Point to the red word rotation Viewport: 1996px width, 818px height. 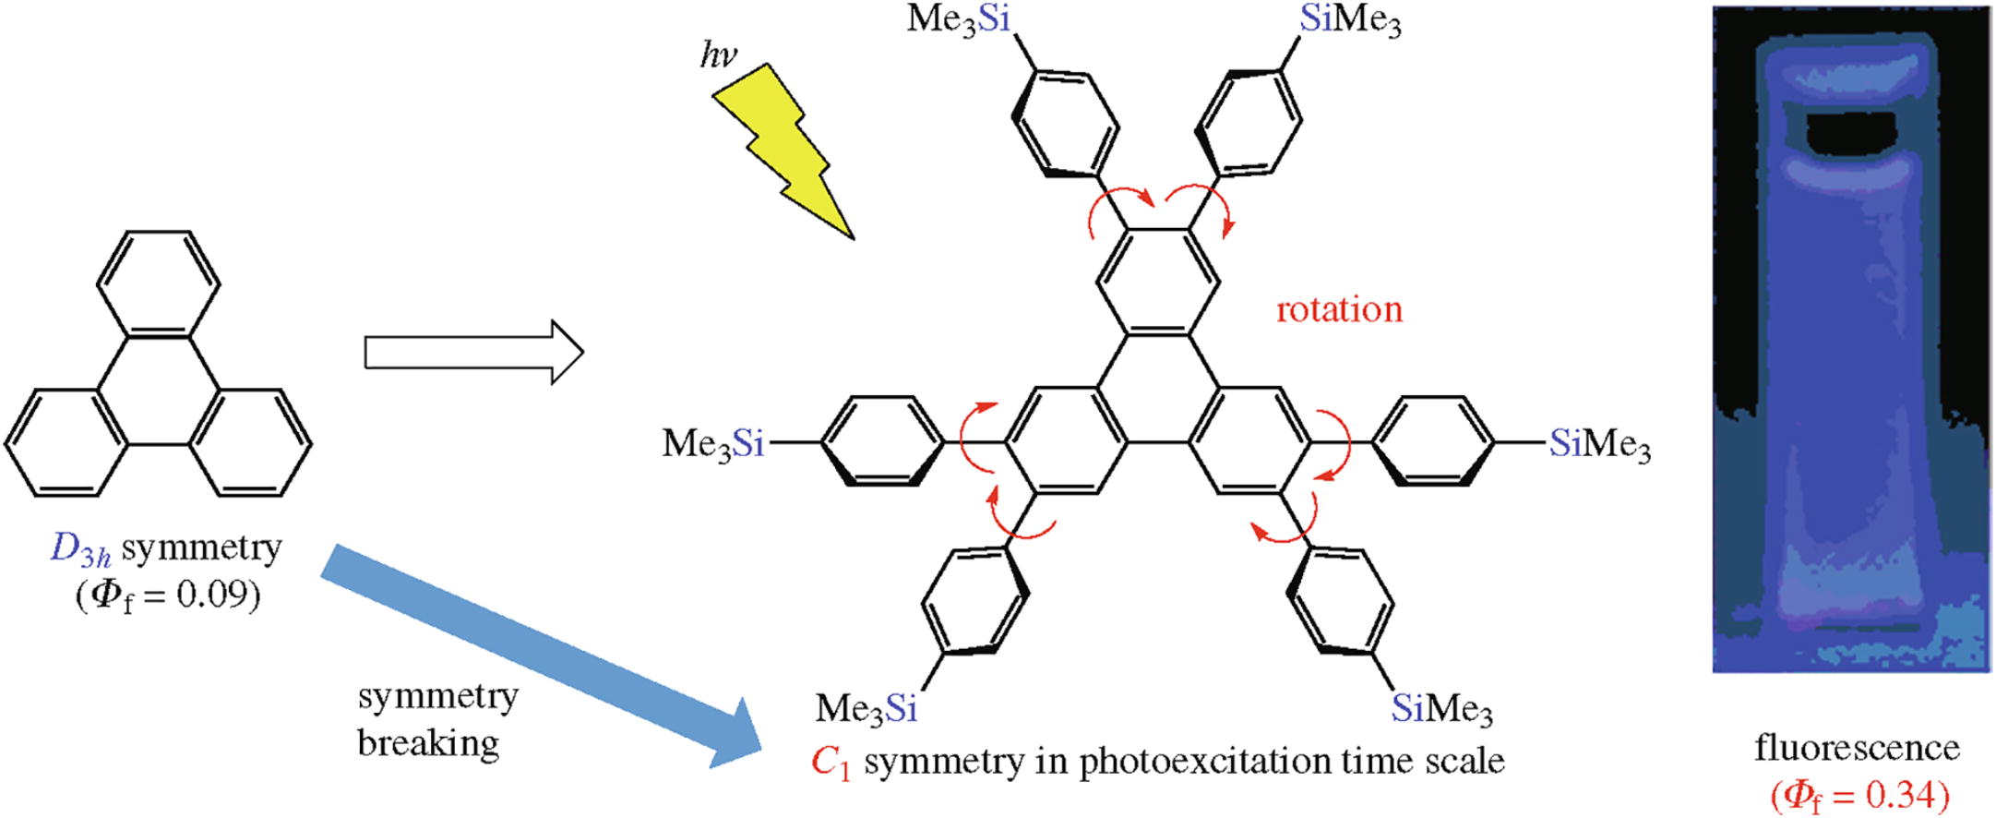pyautogui.click(x=1339, y=309)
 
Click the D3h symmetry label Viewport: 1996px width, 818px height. pyautogui.click(x=166, y=549)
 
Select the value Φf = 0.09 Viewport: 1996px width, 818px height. pyautogui.click(x=167, y=595)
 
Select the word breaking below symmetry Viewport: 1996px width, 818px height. pyautogui.click(x=428, y=742)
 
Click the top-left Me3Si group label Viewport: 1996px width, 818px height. pyautogui.click(x=959, y=19)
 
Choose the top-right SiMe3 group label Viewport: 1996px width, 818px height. pyautogui.click(x=1350, y=20)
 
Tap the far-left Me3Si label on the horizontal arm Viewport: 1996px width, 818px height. pyautogui.click(x=713, y=444)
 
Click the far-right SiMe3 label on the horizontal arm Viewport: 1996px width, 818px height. pyautogui.click(x=1600, y=444)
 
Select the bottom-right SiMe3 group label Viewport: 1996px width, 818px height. pyautogui.click(x=1441, y=708)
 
